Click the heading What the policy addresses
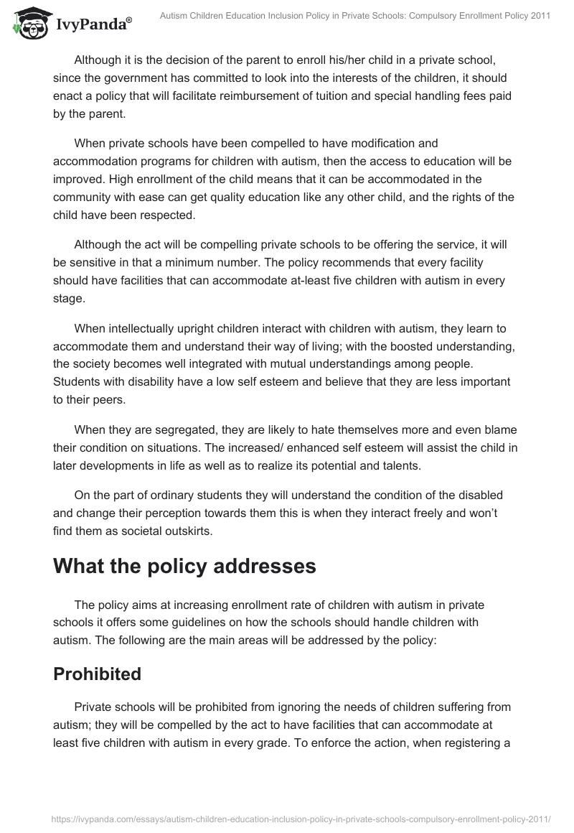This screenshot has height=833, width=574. (x=184, y=567)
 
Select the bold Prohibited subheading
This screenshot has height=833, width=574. (x=97, y=674)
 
